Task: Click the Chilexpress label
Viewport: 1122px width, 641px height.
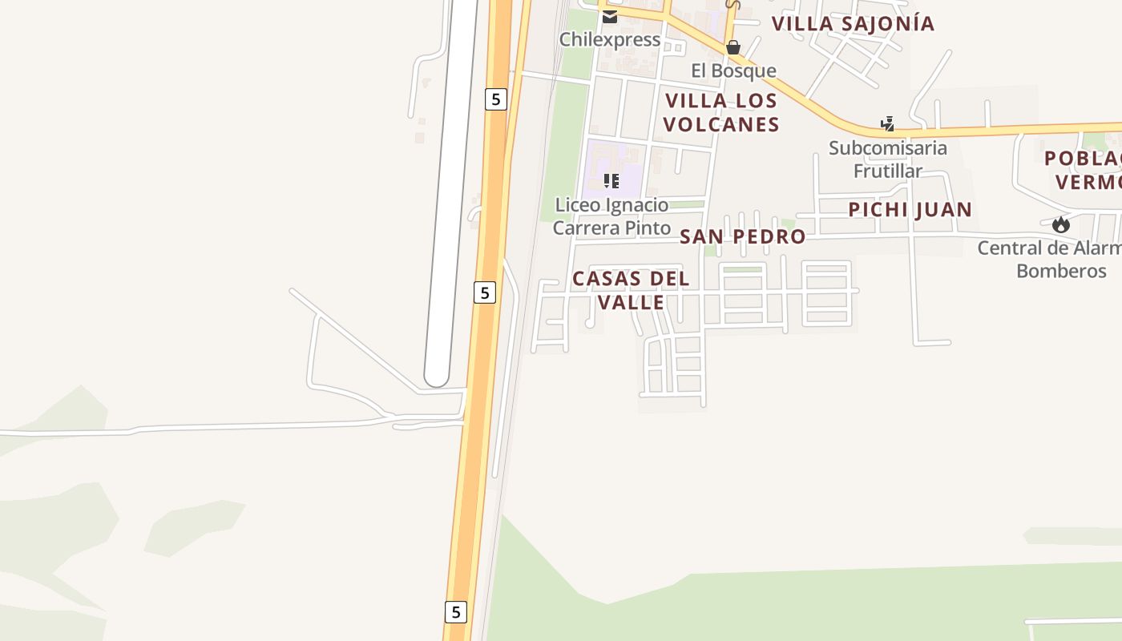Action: pyautogui.click(x=609, y=39)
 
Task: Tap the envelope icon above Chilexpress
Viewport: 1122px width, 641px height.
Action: pyautogui.click(x=610, y=17)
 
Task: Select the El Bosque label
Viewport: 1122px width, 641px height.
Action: pyautogui.click(x=733, y=71)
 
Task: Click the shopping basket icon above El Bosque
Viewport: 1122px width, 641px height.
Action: pyautogui.click(x=733, y=48)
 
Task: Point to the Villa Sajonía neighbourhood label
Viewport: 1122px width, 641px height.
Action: pyautogui.click(x=853, y=23)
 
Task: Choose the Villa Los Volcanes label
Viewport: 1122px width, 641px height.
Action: pyautogui.click(x=720, y=112)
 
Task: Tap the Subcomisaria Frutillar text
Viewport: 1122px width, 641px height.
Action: pyautogui.click(x=887, y=159)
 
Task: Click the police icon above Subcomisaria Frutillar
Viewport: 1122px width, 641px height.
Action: pyautogui.click(x=887, y=124)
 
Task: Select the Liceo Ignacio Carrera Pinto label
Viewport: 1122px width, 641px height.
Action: pyautogui.click(x=611, y=216)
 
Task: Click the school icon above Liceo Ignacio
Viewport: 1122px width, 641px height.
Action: pyautogui.click(x=611, y=181)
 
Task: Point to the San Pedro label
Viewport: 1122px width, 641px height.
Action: pyautogui.click(x=742, y=236)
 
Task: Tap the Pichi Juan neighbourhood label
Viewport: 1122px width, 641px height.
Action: pyautogui.click(x=910, y=210)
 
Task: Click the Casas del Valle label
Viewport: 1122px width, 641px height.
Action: pyautogui.click(x=631, y=290)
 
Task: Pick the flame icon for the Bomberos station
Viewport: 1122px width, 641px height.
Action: pyautogui.click(x=1061, y=224)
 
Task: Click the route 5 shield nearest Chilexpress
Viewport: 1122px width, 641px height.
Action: pyautogui.click(x=496, y=99)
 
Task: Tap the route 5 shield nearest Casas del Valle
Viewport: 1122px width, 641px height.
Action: pyautogui.click(x=484, y=292)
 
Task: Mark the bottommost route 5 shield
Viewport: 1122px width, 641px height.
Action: pyautogui.click(x=455, y=612)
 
